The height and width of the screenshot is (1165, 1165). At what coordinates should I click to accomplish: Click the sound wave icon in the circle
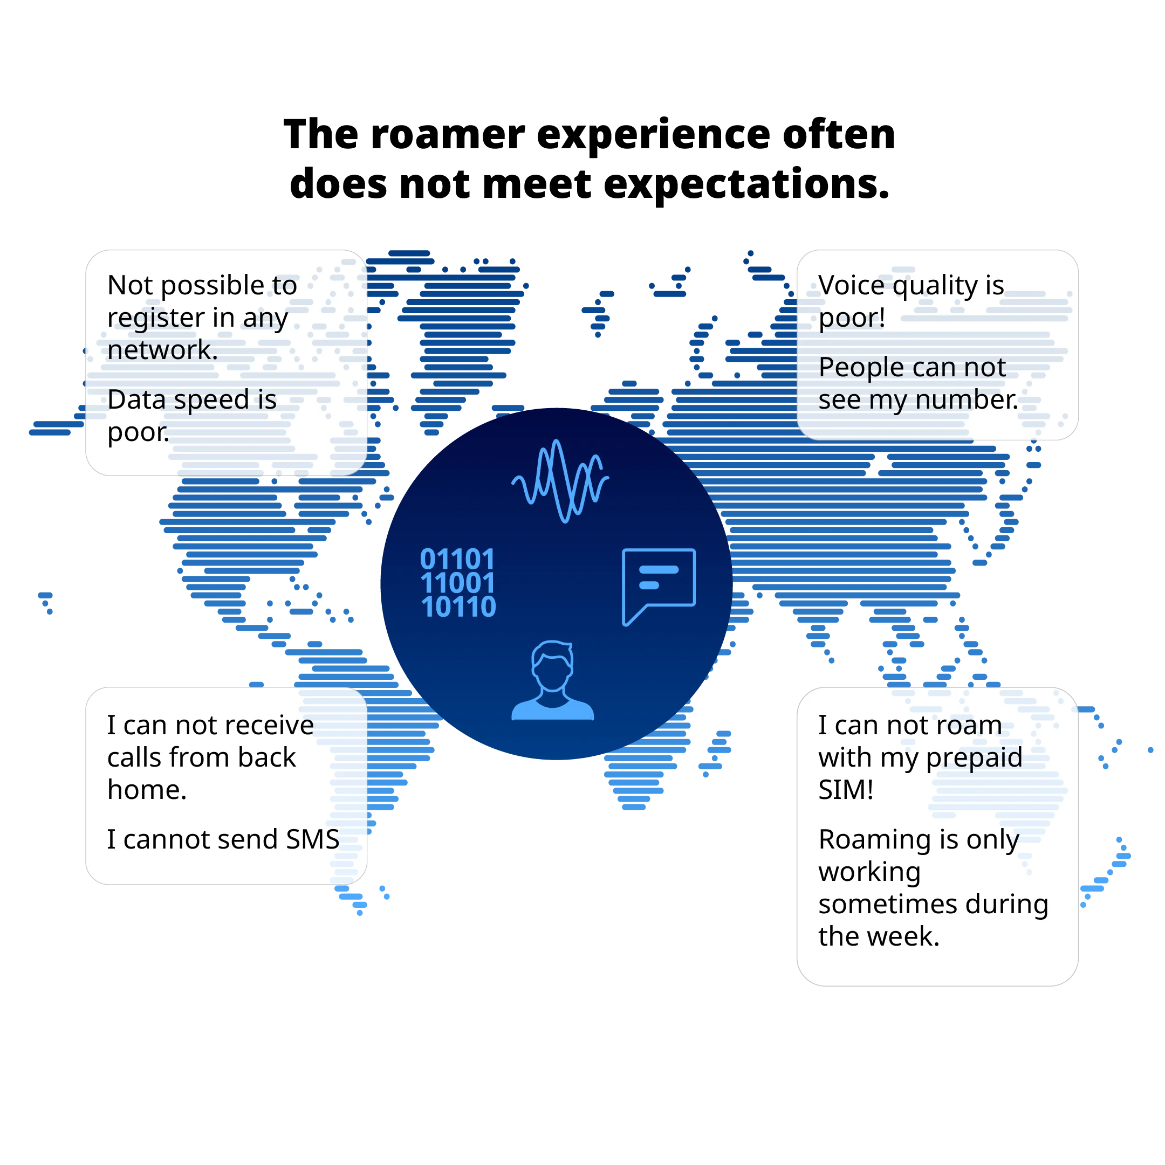[560, 480]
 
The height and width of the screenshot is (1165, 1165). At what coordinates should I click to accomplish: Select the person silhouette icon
[552, 681]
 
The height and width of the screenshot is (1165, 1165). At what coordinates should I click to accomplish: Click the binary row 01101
[457, 559]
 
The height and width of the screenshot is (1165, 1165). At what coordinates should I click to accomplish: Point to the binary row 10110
[458, 606]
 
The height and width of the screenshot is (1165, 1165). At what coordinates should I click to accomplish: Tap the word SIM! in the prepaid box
[846, 790]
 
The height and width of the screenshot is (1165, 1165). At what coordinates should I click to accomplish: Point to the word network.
[162, 350]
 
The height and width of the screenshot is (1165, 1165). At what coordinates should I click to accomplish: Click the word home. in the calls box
[147, 790]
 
